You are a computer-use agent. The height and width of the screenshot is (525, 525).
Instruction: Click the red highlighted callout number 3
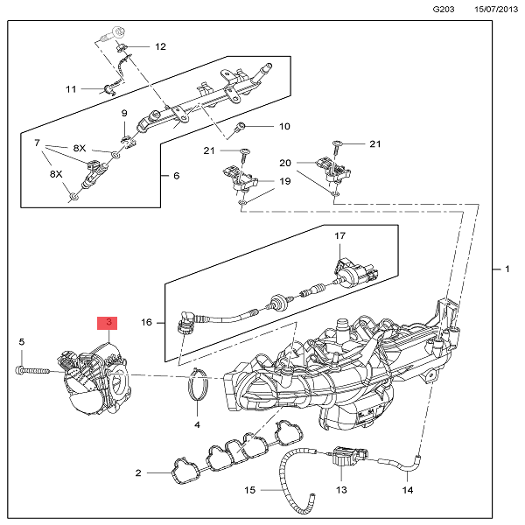pos(108,323)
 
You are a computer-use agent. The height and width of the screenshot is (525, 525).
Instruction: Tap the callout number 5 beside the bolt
pos(22,341)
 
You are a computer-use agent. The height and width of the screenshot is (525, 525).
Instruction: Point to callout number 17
pos(340,236)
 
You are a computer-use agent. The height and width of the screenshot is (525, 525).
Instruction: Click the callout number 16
pos(147,322)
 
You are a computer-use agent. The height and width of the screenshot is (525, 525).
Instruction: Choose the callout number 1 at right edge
pos(507,269)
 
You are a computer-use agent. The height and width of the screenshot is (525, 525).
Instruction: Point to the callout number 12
pos(160,46)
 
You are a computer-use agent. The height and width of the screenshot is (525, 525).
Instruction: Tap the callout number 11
pos(72,88)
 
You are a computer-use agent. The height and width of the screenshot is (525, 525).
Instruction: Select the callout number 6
pos(176,175)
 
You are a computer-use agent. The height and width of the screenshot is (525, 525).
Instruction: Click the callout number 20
pos(285,164)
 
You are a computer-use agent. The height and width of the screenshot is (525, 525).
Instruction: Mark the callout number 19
pos(285,182)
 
